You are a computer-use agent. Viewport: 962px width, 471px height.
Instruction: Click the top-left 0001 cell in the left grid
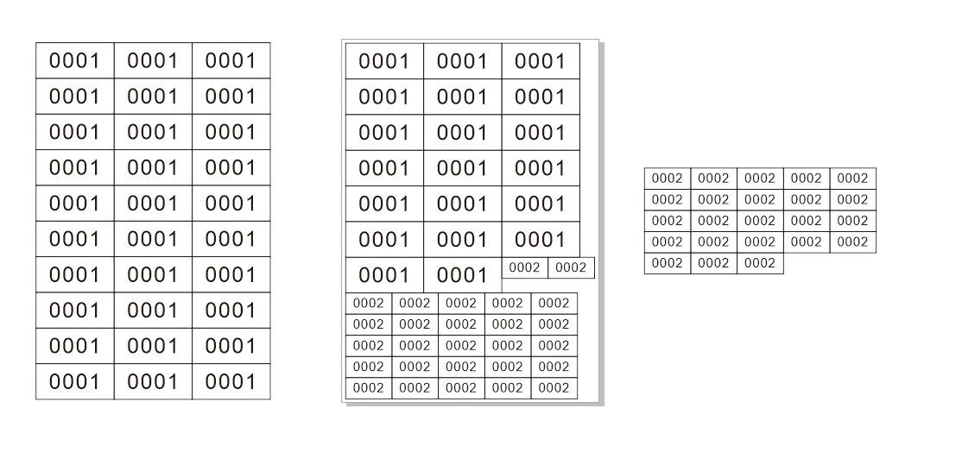click(75, 60)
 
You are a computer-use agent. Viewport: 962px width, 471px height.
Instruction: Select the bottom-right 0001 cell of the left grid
click(231, 381)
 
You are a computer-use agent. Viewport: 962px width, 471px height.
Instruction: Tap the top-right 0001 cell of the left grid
click(231, 60)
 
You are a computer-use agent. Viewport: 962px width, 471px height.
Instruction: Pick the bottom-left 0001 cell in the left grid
click(75, 381)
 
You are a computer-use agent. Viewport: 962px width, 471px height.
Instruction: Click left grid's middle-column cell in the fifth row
click(153, 204)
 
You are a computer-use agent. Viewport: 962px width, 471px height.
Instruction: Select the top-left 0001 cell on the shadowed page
click(384, 61)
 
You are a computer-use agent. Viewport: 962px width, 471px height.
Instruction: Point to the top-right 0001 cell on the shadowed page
click(541, 61)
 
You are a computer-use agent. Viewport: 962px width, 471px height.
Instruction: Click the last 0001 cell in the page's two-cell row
click(463, 275)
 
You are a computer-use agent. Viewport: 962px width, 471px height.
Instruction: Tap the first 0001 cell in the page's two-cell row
click(384, 275)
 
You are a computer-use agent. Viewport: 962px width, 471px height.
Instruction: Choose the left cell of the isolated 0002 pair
click(524, 267)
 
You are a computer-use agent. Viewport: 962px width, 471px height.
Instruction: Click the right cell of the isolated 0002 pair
click(571, 267)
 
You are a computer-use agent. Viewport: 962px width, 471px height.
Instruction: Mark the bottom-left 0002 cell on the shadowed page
click(369, 388)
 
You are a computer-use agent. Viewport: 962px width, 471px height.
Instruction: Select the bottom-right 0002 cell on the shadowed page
click(554, 388)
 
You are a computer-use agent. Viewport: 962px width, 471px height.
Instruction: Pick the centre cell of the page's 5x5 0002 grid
click(461, 345)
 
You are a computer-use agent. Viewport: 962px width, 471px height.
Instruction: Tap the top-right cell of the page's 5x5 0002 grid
click(554, 303)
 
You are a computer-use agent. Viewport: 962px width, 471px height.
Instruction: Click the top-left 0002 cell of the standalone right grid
click(668, 179)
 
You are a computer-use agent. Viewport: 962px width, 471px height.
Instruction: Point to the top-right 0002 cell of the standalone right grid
click(853, 179)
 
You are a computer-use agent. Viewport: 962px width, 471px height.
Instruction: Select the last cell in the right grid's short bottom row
click(760, 263)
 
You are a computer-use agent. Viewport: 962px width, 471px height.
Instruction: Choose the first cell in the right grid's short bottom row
click(668, 263)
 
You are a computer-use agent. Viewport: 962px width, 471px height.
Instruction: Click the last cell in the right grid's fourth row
click(853, 242)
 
